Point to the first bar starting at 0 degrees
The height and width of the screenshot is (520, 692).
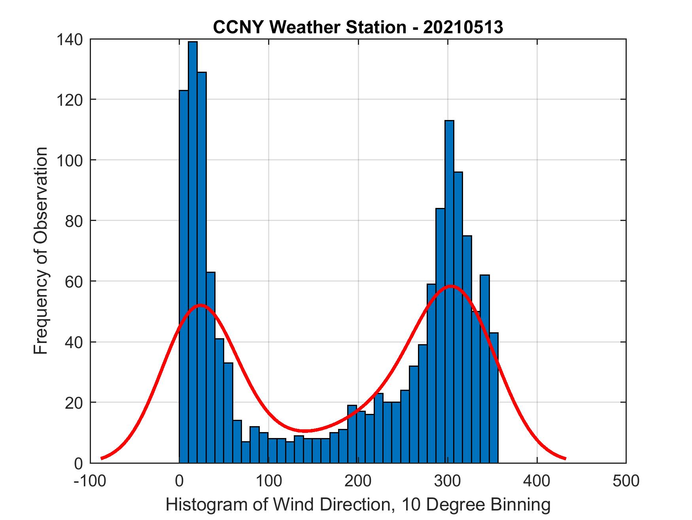(183, 277)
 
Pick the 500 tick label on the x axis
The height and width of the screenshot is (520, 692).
(626, 481)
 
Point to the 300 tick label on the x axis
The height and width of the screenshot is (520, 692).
(447, 481)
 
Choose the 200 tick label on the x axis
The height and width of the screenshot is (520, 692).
(358, 481)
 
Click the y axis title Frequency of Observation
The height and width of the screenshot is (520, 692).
(41, 251)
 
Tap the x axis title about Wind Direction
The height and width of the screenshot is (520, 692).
(358, 505)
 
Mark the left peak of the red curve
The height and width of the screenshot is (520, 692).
(201, 305)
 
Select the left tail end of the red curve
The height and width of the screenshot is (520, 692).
(102, 458)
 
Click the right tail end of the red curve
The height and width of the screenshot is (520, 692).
(565, 458)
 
